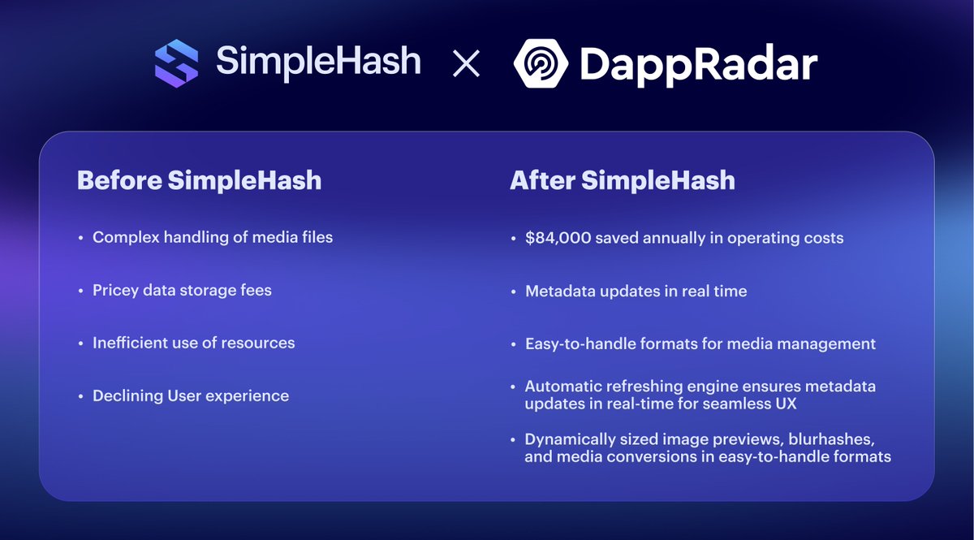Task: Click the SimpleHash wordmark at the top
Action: (x=318, y=63)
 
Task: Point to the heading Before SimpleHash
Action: (x=199, y=180)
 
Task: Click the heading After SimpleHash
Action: (x=622, y=180)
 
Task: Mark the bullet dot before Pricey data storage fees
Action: (x=81, y=291)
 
